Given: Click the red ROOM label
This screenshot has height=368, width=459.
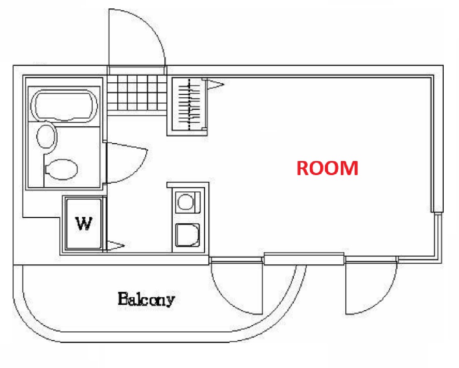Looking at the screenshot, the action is point(327,168).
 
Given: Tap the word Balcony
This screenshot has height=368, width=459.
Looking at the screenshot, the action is point(146,299).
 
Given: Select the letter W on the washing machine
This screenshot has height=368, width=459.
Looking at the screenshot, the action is point(84,224).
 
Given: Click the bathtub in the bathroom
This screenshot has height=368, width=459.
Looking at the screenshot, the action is point(65,105).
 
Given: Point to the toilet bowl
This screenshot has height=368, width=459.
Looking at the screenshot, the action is point(61,169).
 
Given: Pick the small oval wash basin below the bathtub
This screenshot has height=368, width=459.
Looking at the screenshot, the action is point(46,136).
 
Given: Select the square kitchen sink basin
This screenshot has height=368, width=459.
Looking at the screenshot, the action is point(187,235).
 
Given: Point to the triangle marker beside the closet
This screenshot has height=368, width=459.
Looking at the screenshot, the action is point(215,84).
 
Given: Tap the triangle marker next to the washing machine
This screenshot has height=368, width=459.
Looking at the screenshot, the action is point(116,246).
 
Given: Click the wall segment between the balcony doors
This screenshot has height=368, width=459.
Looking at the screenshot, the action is point(304,259).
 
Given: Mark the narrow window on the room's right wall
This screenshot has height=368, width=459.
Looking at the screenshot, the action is point(437,236).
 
